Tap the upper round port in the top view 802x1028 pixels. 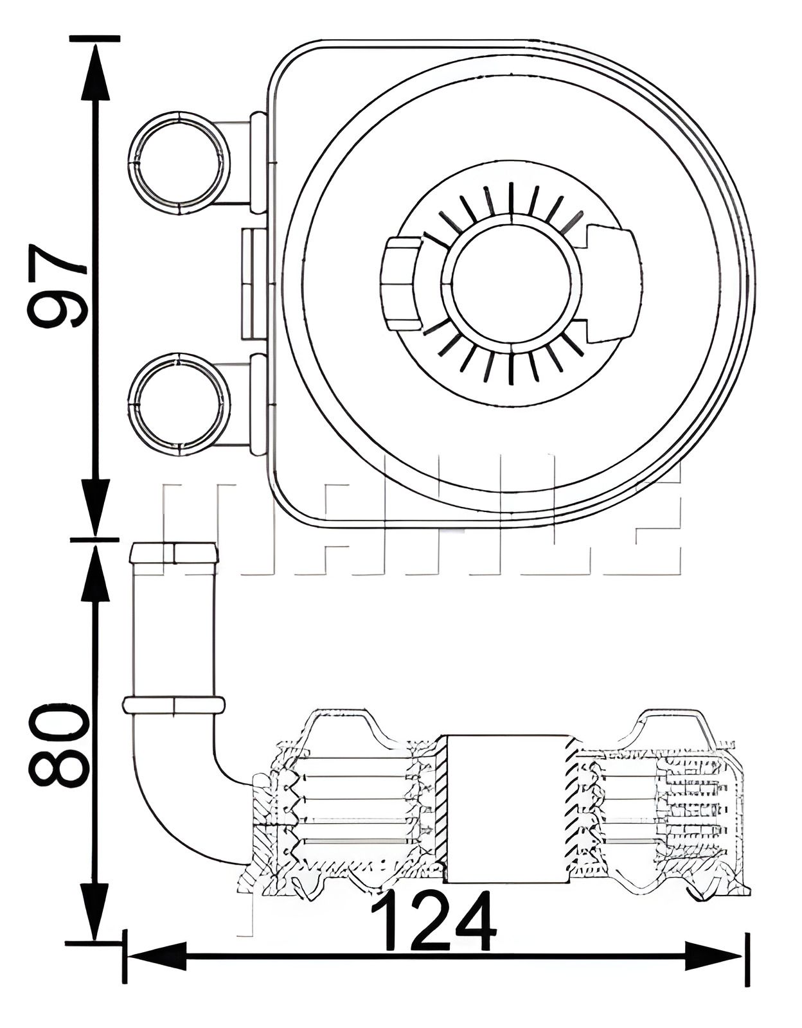[x=179, y=162]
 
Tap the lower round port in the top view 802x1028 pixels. [x=179, y=403]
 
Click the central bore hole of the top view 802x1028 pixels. [x=511, y=282]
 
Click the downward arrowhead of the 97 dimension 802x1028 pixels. [x=95, y=504]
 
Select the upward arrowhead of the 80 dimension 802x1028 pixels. [x=95, y=572]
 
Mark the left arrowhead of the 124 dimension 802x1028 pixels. [x=154, y=957]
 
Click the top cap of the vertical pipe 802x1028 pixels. [x=174, y=553]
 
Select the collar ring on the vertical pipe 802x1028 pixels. [x=174, y=705]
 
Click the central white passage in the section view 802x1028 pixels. [x=506, y=808]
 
